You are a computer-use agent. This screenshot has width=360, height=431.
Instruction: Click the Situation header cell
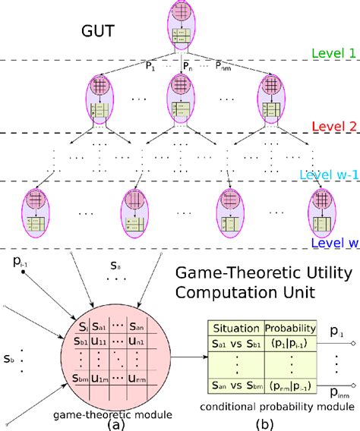coord(235,328)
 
